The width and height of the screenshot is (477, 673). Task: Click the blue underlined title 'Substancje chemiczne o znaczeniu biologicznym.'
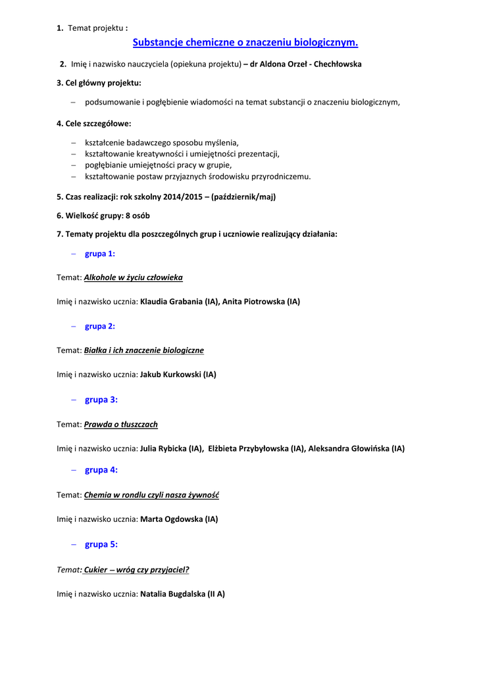[x=245, y=43]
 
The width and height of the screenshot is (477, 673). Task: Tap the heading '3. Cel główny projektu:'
[x=99, y=83]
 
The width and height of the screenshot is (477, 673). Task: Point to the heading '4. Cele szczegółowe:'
[x=93, y=124]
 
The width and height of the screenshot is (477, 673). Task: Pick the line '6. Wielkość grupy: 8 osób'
[x=103, y=216]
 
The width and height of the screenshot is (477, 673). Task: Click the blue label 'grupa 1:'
[x=100, y=254]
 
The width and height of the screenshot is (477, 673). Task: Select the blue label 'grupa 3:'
[x=101, y=400]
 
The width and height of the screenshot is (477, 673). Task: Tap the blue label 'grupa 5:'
[x=101, y=544]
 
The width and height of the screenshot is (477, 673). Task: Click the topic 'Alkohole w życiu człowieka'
[x=134, y=277]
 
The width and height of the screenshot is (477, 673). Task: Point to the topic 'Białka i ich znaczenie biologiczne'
[x=144, y=350]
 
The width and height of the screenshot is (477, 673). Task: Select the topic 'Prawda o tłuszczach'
[x=121, y=425]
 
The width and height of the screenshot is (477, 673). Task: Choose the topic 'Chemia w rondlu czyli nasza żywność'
[x=151, y=495]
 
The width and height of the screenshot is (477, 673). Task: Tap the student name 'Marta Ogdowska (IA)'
[x=179, y=519]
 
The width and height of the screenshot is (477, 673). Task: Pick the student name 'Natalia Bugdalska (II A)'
[x=182, y=594]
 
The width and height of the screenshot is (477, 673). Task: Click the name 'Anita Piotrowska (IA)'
[x=261, y=302]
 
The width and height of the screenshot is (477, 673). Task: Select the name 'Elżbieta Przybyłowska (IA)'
[x=257, y=449]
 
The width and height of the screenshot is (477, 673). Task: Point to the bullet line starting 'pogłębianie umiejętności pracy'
[x=158, y=165]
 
